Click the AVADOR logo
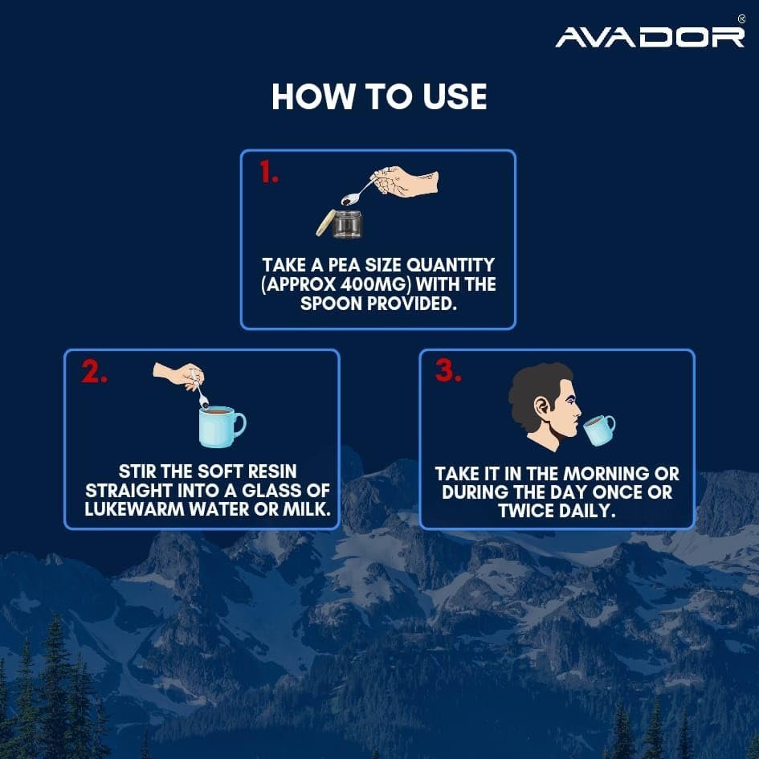(x=650, y=37)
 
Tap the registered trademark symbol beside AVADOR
(x=741, y=19)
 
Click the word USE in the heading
(x=455, y=96)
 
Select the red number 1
(x=268, y=172)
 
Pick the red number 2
(x=95, y=371)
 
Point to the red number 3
(x=448, y=370)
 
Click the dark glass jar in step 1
(x=348, y=224)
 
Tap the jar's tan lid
(x=324, y=222)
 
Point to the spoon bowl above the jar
(x=349, y=198)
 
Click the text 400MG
(x=372, y=284)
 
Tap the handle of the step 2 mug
(x=239, y=425)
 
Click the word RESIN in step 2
(x=271, y=471)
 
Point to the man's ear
(x=543, y=406)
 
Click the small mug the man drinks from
(x=599, y=430)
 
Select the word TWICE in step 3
(x=524, y=511)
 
